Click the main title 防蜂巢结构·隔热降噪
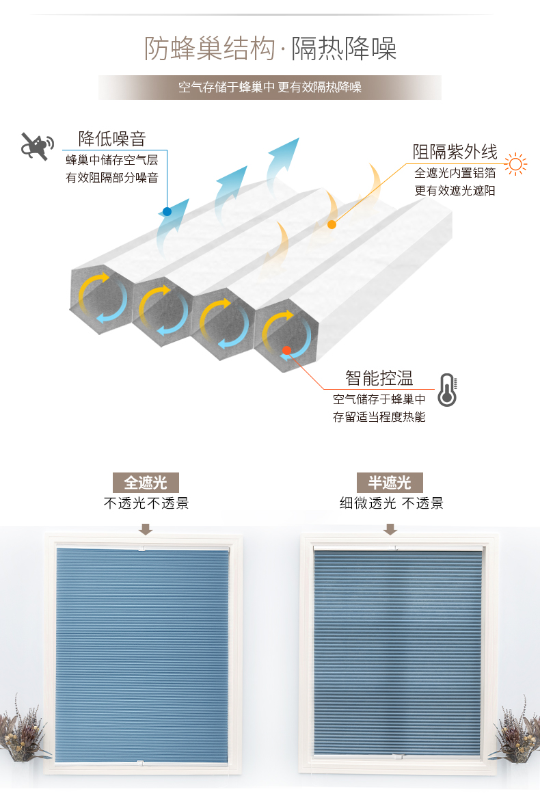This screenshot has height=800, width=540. pyautogui.click(x=270, y=49)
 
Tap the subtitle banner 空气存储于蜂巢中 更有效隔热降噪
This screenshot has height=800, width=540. pyautogui.click(x=270, y=88)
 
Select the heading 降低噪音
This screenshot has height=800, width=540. pyautogui.click(x=112, y=139)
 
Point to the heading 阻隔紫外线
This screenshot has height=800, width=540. pyautogui.click(x=455, y=152)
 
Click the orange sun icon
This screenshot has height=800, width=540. pyautogui.click(x=516, y=163)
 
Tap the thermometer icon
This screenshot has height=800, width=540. pyautogui.click(x=447, y=390)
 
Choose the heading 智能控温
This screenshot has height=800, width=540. pyautogui.click(x=379, y=378)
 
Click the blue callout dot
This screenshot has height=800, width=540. pyautogui.click(x=167, y=211)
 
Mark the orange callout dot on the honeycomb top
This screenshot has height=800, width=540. pyautogui.click(x=332, y=224)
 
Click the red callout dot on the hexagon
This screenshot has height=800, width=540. pyautogui.click(x=286, y=350)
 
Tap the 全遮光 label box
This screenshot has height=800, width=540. pyautogui.click(x=146, y=483)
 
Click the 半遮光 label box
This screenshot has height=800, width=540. pyautogui.click(x=390, y=483)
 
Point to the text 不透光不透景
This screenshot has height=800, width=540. pyautogui.click(x=146, y=504)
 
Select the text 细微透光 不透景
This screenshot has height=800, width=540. pyautogui.click(x=391, y=504)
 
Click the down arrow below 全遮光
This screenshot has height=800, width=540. pyautogui.click(x=146, y=529)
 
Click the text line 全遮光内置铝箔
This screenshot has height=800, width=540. pyautogui.click(x=455, y=173)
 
